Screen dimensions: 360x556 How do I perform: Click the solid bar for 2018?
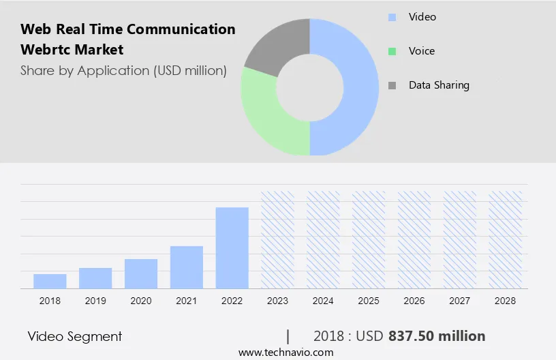[50, 281]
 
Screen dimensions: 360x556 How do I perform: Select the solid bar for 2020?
[141, 273]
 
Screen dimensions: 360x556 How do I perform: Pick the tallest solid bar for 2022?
[232, 247]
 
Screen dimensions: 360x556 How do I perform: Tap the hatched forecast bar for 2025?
[369, 239]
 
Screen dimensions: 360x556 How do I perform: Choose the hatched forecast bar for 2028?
[506, 239]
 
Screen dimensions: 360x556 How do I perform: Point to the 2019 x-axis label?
[95, 301]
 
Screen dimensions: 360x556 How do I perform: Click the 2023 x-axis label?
[277, 301]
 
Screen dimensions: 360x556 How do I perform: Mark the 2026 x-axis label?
[414, 301]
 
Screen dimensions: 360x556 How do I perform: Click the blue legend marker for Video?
[392, 17]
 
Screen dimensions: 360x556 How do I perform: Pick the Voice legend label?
[421, 51]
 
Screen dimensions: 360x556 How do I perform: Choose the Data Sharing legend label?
[439, 85]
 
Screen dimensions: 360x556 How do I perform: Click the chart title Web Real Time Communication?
[128, 29]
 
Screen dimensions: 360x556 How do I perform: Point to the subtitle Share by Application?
[123, 70]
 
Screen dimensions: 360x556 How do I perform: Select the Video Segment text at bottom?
[75, 336]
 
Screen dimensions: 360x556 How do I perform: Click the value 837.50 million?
[437, 336]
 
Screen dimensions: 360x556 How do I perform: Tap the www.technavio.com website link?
[285, 352]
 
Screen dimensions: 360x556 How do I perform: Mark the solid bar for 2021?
[187, 267]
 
